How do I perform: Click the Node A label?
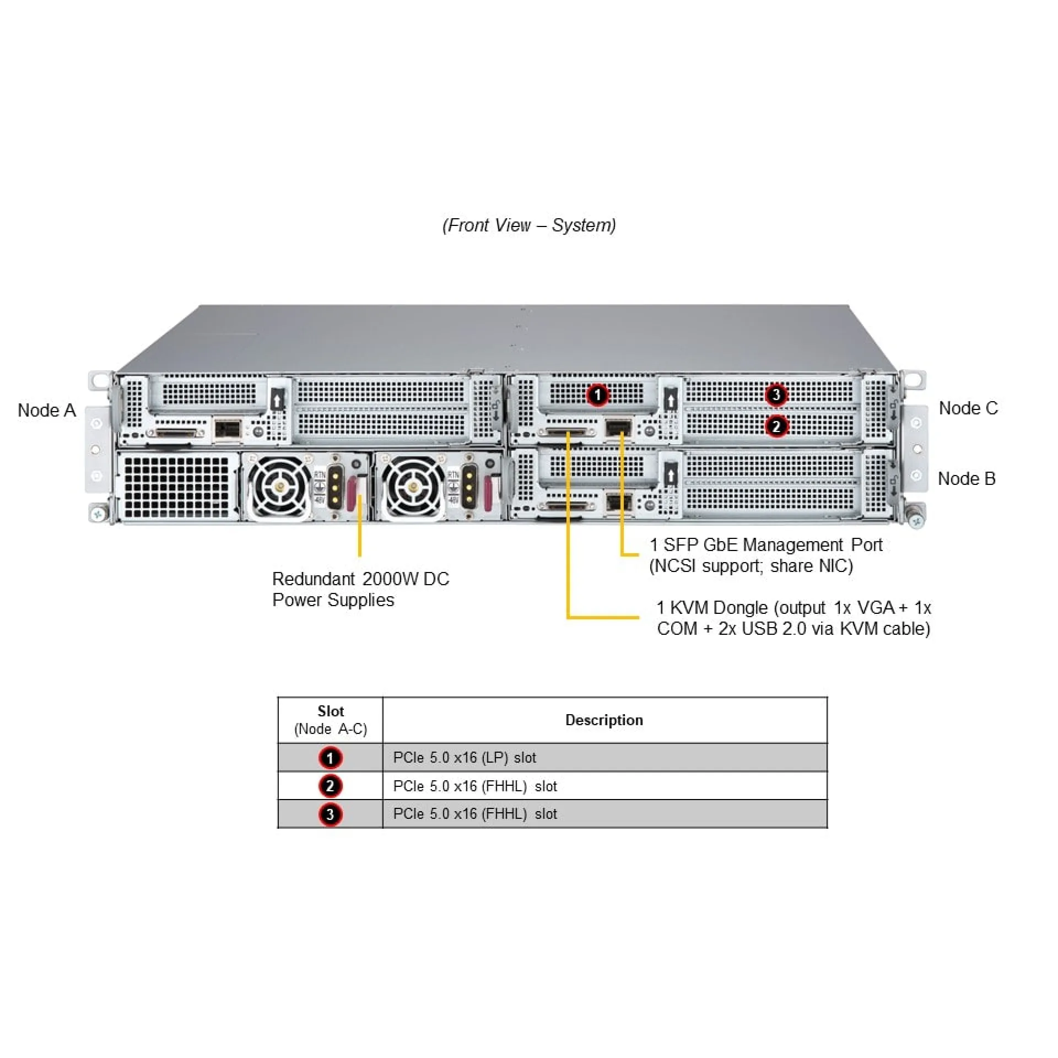[47, 411]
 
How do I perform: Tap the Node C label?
[968, 408]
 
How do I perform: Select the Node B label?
[967, 479]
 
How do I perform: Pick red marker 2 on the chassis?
[776, 426]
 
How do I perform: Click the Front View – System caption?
[529, 225]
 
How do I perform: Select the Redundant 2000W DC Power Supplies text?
[360, 589]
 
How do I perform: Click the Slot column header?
[331, 720]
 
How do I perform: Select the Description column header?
[604, 720]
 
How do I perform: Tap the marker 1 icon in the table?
[330, 758]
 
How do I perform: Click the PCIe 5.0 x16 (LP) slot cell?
[465, 758]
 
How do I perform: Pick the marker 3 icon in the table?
[330, 814]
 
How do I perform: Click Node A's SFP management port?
[228, 428]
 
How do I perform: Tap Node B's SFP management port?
[618, 502]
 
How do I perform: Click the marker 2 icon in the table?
[330, 786]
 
